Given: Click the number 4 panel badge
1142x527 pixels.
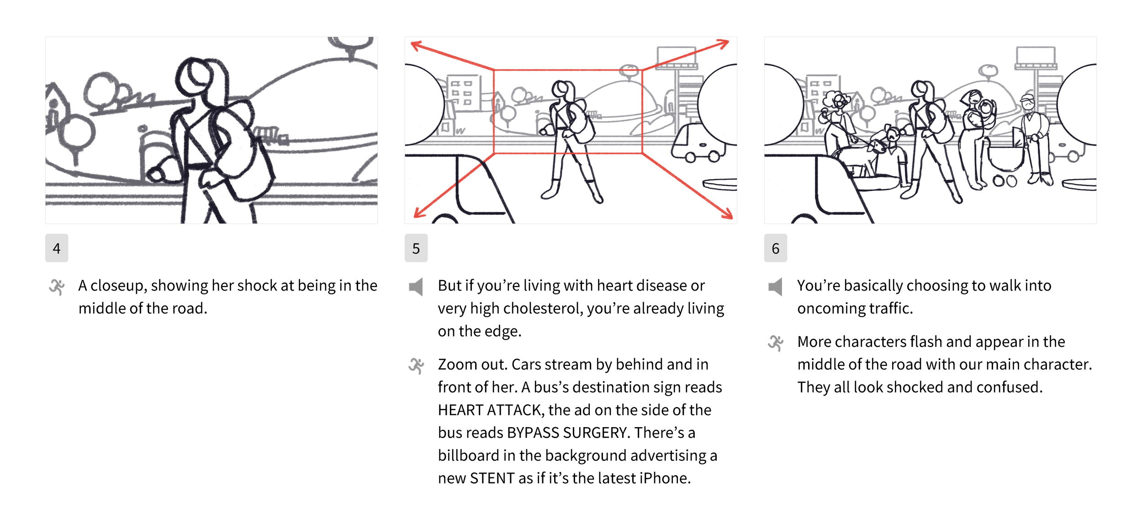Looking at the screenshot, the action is tap(57, 248).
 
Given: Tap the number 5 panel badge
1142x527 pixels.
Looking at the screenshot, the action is tap(416, 248).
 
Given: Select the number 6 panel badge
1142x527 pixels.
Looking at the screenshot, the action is tap(776, 248).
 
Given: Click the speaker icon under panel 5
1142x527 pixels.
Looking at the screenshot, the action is tap(416, 287).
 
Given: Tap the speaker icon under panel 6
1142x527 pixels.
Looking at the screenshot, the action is tap(775, 287).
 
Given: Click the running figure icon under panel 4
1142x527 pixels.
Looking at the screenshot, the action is tap(57, 287).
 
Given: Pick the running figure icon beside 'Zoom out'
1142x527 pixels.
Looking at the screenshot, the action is tap(416, 366).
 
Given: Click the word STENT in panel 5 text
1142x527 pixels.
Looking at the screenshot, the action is tap(492, 478).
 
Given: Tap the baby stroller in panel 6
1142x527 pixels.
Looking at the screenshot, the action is tap(1005, 160).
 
